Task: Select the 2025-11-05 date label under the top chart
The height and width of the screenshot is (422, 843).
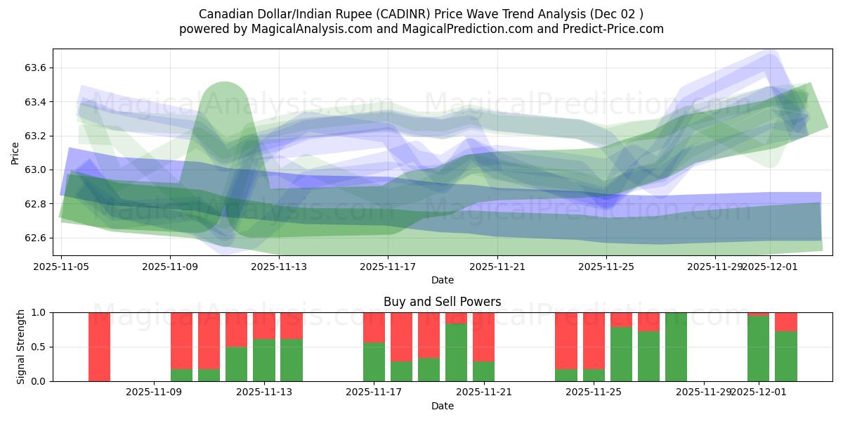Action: pos(61,267)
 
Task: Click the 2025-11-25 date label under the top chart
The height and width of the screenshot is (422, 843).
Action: pos(607,267)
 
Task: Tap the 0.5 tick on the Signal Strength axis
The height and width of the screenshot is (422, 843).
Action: pos(39,347)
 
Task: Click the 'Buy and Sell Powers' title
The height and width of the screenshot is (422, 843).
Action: pos(442,302)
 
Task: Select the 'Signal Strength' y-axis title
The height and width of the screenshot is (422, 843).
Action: pos(21,347)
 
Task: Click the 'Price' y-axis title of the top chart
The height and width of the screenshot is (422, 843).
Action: pos(15,153)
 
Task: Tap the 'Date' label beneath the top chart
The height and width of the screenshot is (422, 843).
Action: pos(442,280)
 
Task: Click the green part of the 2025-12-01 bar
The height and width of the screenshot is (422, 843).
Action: pos(758,349)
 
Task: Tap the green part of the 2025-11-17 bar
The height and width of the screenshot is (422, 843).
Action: pos(374,362)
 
